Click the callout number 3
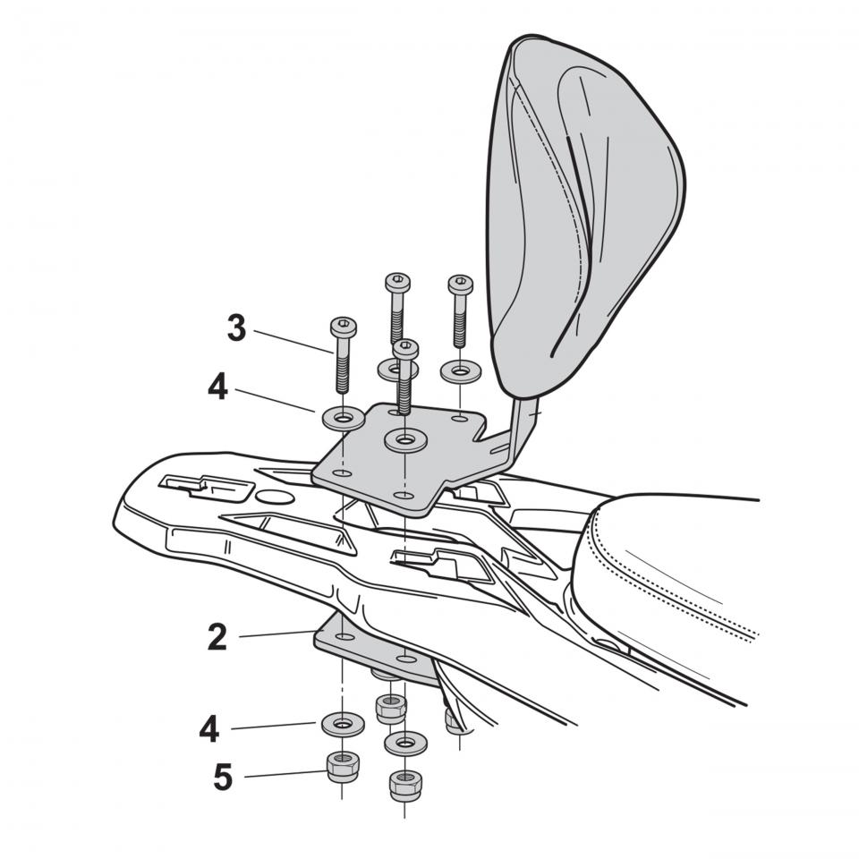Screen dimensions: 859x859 [236, 328]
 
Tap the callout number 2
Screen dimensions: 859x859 [217, 637]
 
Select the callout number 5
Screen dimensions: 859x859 [223, 777]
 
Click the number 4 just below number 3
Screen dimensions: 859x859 [218, 387]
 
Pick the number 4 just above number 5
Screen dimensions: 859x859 [209, 729]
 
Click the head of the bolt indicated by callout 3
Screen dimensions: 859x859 [344, 327]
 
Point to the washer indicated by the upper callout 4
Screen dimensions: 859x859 [344, 419]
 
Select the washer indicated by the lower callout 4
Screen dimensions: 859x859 [343, 725]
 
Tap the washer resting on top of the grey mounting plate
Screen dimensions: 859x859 [405, 440]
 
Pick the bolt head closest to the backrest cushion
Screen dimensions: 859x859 [460, 285]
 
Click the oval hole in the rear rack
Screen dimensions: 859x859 [276, 497]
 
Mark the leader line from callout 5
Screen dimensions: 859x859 [285, 774]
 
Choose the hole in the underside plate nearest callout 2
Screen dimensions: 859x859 [344, 637]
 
